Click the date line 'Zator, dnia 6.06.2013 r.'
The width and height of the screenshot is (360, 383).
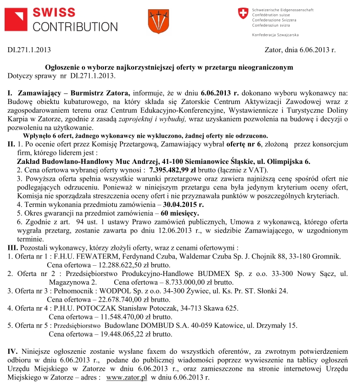[x=300, y=50]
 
